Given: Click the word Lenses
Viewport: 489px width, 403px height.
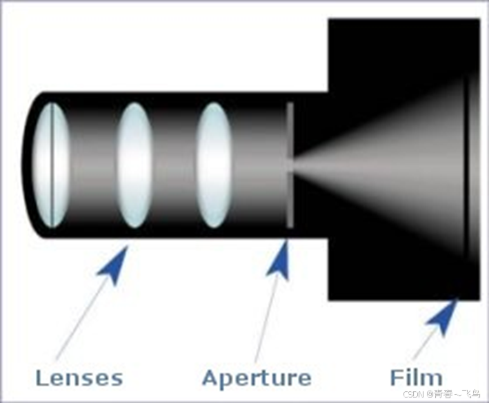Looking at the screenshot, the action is (x=79, y=378).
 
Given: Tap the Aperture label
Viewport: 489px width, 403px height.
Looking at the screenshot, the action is (x=257, y=378).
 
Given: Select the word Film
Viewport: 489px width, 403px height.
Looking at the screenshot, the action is (x=416, y=378).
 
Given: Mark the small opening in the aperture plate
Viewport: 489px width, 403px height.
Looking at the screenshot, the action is (x=290, y=165).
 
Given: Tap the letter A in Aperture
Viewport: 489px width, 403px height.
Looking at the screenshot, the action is (x=210, y=378).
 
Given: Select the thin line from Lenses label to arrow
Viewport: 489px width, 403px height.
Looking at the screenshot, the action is (x=79, y=317).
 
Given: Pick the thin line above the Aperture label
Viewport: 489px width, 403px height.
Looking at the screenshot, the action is (x=266, y=317).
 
